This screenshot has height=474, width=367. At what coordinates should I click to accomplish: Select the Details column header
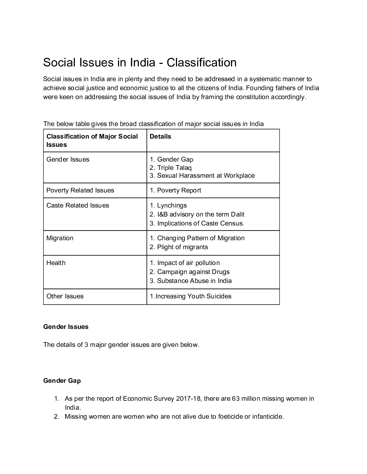pos(160,136)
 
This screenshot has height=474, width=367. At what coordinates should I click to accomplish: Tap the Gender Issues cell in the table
pos(68,159)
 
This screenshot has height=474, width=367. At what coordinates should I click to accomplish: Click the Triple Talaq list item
pos(171,168)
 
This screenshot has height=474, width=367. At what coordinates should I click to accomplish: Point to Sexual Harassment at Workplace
pos(202,176)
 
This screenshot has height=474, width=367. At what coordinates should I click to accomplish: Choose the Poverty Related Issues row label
pos(80,190)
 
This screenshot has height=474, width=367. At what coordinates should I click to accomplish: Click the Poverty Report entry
pos(176,190)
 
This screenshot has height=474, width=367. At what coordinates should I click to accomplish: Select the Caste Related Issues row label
pos(78,205)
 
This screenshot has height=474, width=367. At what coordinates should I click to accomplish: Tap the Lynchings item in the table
pos(168,205)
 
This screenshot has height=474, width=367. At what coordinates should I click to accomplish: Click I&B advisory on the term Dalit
pos(197,214)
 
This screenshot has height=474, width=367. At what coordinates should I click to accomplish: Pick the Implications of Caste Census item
pos(197,223)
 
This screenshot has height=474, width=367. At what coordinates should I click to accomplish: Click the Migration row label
pos(60,238)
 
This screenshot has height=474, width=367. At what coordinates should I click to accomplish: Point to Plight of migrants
pos(179,247)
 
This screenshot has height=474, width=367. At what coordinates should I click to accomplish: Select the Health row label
pos(56,263)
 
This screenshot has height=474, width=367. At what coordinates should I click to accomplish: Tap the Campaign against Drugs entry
pos(190,272)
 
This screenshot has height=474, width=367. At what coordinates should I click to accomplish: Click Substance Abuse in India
pos(191,281)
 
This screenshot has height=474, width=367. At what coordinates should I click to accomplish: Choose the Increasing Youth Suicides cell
pos(191,296)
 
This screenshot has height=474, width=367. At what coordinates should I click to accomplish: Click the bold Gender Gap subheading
pos(62,381)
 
